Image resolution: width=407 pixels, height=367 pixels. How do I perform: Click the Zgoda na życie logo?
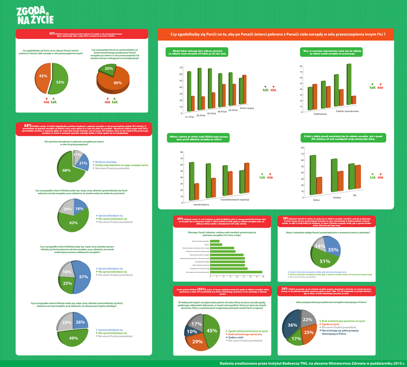tap(35, 16)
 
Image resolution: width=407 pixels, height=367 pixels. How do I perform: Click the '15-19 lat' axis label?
tap(189, 117)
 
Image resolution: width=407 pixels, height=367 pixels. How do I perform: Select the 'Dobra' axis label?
tap(316, 200)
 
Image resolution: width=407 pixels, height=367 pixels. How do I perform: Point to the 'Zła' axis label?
tap(355, 195)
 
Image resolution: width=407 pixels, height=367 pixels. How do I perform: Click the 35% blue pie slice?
tap(333, 249)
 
